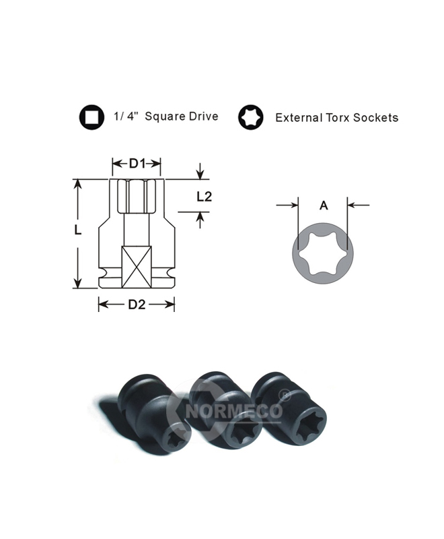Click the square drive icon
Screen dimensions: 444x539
point(91,117)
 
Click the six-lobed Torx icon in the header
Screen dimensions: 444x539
point(251,117)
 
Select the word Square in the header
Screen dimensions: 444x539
point(163,117)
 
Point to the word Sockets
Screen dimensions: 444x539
point(376,118)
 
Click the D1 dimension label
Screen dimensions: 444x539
point(137,164)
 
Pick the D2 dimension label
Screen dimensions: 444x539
point(137,305)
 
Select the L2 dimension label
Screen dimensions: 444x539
point(204,196)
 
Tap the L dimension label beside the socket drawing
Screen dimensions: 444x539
point(78,230)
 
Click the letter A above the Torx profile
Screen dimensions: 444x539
point(324,205)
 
